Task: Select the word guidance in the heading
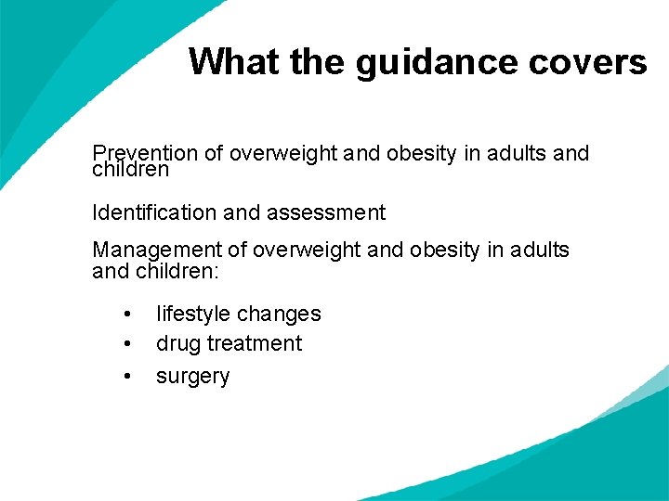(x=406, y=62)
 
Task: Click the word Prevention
(x=145, y=153)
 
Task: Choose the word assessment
(x=326, y=212)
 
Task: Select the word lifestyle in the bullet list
(x=192, y=314)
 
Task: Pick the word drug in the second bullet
(x=177, y=344)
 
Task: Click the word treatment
(x=256, y=344)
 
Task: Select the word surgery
(x=192, y=377)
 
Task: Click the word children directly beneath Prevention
(x=131, y=170)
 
